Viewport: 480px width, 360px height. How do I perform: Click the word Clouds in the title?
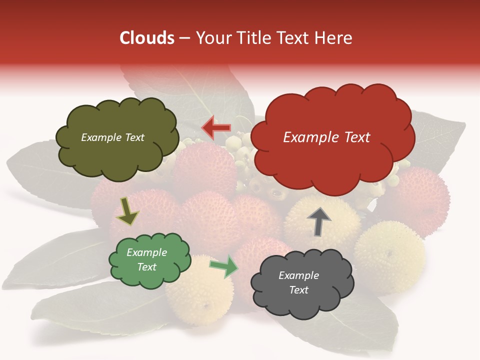coord(147,38)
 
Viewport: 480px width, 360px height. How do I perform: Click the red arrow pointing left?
coord(216,128)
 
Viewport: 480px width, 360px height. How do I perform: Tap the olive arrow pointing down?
coord(128,211)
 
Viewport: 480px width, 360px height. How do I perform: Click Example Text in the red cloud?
coord(326,137)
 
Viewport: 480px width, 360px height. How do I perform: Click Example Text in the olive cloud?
coord(112,137)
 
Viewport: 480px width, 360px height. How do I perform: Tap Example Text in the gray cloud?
coord(298,282)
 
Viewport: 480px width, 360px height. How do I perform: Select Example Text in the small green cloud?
coord(146,259)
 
